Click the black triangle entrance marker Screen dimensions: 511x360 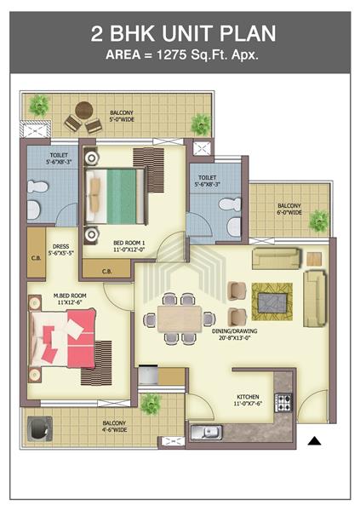pos(314,440)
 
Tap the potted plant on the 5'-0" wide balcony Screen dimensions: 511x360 pos(38,106)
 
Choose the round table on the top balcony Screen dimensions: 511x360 pos(82,111)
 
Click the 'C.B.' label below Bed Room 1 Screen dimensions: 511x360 pos(107,272)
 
